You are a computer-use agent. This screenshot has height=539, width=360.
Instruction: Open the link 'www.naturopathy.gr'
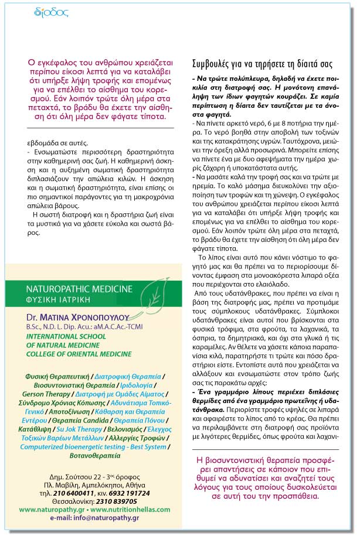(49, 510)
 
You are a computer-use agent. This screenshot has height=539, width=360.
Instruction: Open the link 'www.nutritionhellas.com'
(127, 510)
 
